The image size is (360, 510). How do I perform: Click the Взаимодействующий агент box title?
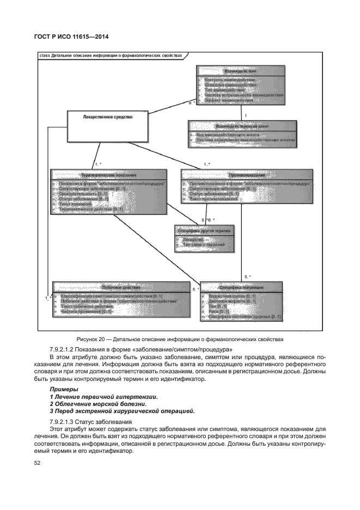point(242,126)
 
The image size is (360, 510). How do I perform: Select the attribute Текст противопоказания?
point(213,199)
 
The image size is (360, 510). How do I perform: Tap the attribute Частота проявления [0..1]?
point(86,311)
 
